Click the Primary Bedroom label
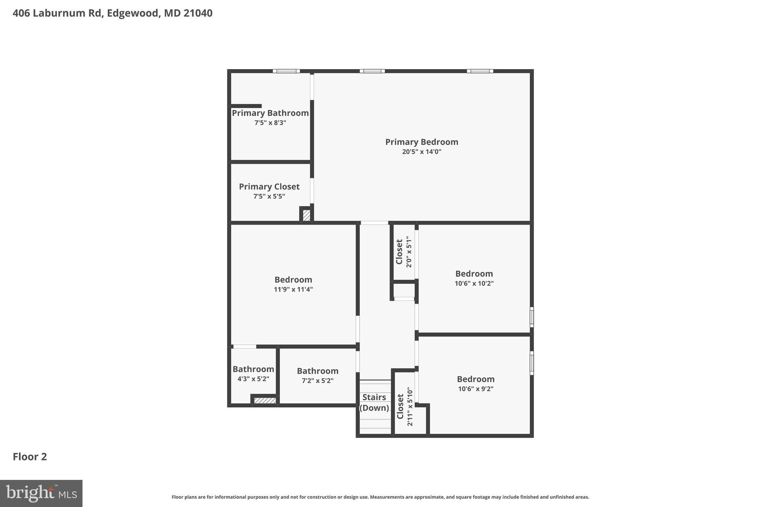(421, 142)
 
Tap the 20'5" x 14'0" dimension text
(421, 152)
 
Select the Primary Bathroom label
(270, 113)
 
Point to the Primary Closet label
(269, 186)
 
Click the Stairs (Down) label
(374, 402)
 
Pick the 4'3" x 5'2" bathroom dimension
(253, 379)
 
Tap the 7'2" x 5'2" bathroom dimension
(317, 381)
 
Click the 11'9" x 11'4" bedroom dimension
(293, 289)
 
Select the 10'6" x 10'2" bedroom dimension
(474, 283)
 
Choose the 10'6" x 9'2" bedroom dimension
(476, 389)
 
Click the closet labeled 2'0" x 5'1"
(404, 252)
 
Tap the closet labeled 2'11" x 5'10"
(405, 406)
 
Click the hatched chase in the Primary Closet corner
(306, 215)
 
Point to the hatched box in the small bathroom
(265, 400)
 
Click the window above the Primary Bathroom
(286, 71)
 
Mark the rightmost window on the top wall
(480, 71)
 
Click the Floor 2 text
(30, 457)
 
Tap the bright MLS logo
(41, 493)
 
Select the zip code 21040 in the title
(198, 13)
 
